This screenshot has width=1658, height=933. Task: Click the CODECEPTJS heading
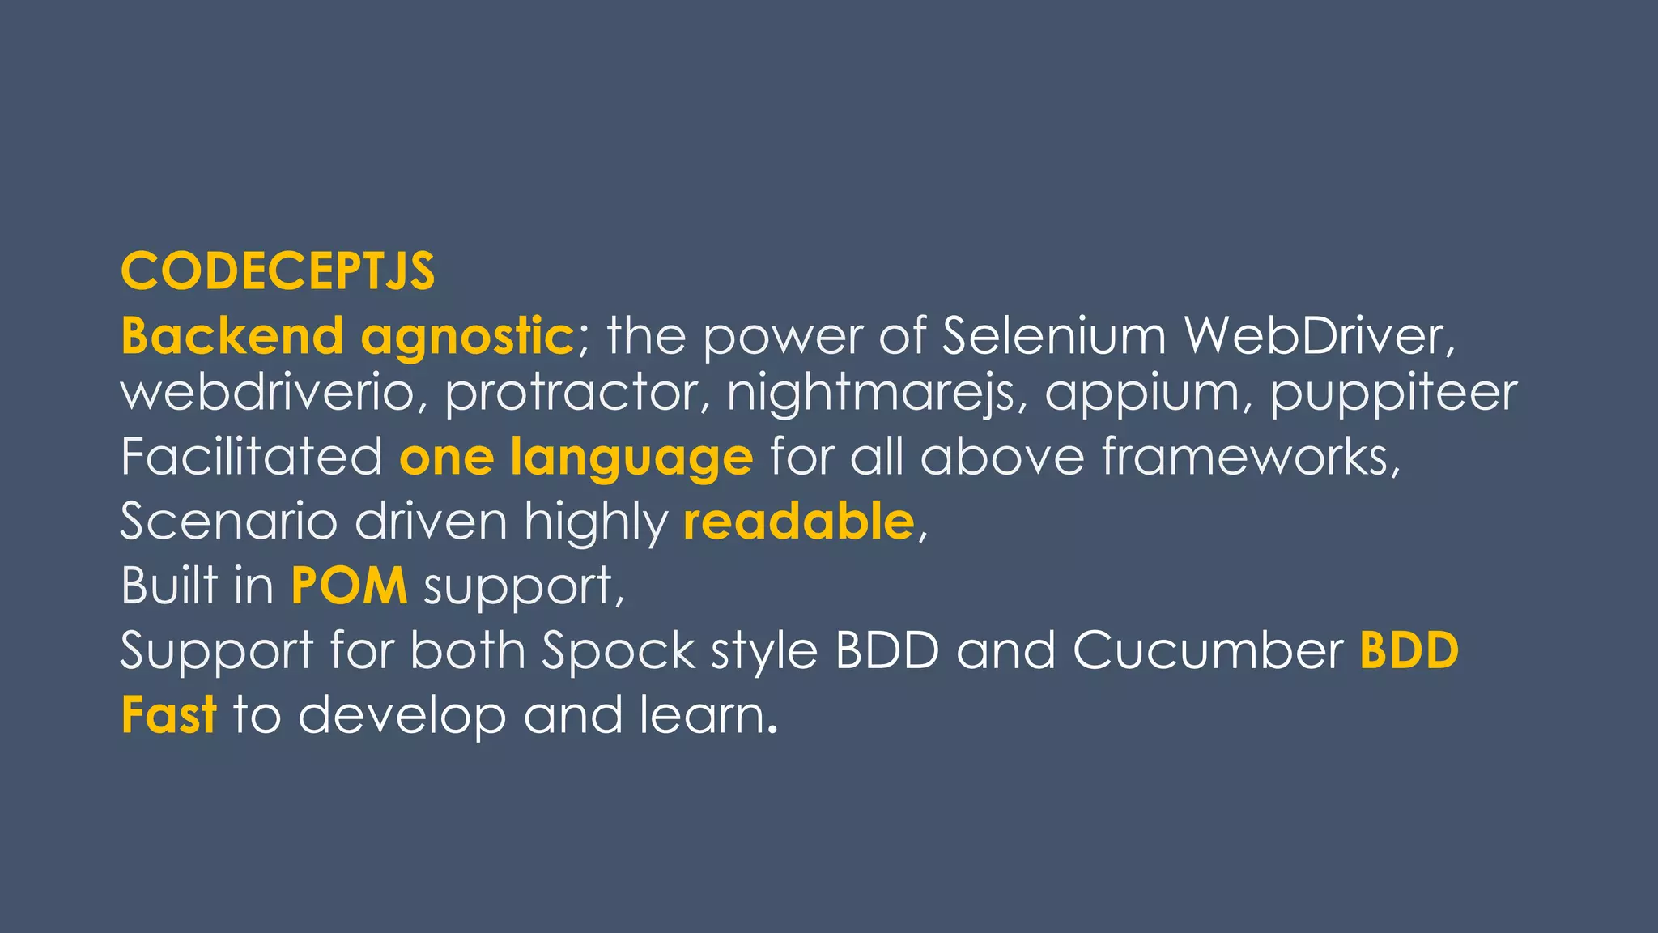[x=278, y=271]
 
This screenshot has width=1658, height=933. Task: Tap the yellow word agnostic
[x=467, y=335]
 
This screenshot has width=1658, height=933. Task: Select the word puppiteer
[x=1392, y=394]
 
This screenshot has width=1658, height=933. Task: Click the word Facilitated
[x=252, y=456]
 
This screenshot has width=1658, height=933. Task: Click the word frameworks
[x=1250, y=456]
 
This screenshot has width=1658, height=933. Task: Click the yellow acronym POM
[x=349, y=586]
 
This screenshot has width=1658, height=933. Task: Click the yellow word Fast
[x=168, y=715]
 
